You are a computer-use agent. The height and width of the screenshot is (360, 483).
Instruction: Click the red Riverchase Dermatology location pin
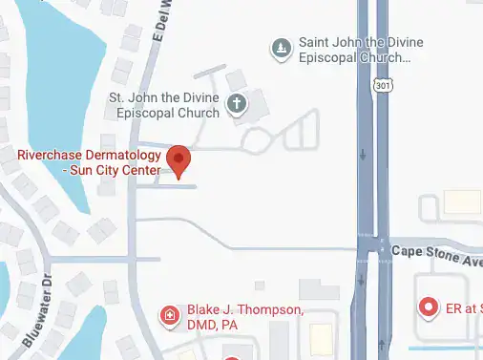pyautogui.click(x=178, y=159)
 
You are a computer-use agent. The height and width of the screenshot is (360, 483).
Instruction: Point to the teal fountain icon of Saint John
pyautogui.click(x=281, y=49)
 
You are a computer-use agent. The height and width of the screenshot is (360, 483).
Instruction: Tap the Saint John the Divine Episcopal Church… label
pyautogui.click(x=354, y=50)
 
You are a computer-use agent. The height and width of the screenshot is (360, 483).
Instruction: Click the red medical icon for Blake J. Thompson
pyautogui.click(x=170, y=316)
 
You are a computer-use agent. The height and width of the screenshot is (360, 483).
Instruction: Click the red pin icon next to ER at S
pyautogui.click(x=430, y=307)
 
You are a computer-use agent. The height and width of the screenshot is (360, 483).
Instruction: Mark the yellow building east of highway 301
pyautogui.click(x=463, y=202)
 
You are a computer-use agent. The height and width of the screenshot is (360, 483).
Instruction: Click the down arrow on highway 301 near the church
pyautogui.click(x=364, y=154)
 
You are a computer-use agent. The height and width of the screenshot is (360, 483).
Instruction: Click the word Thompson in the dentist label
pyautogui.click(x=267, y=311)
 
